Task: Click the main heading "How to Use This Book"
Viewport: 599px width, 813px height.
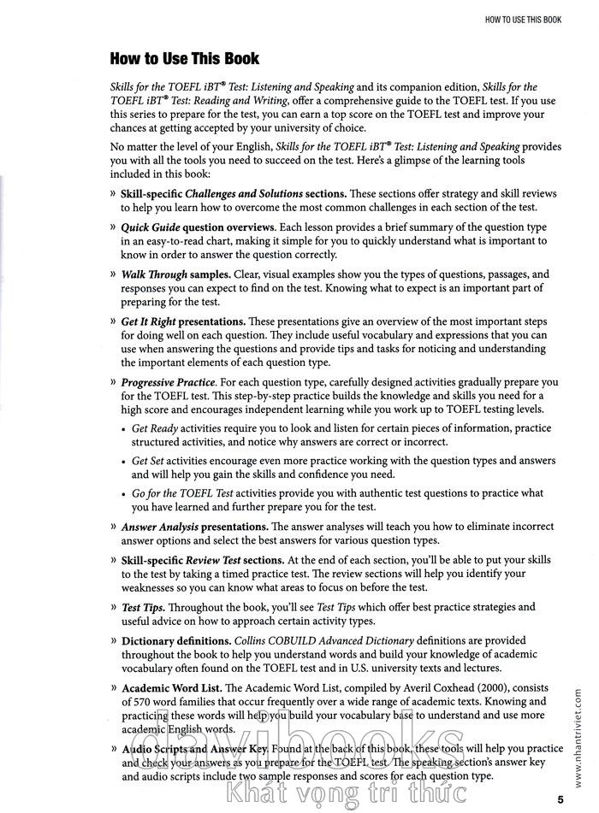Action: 184,59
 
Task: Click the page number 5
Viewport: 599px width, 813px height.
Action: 560,798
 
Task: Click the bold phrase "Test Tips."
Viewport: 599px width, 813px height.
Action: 143,607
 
